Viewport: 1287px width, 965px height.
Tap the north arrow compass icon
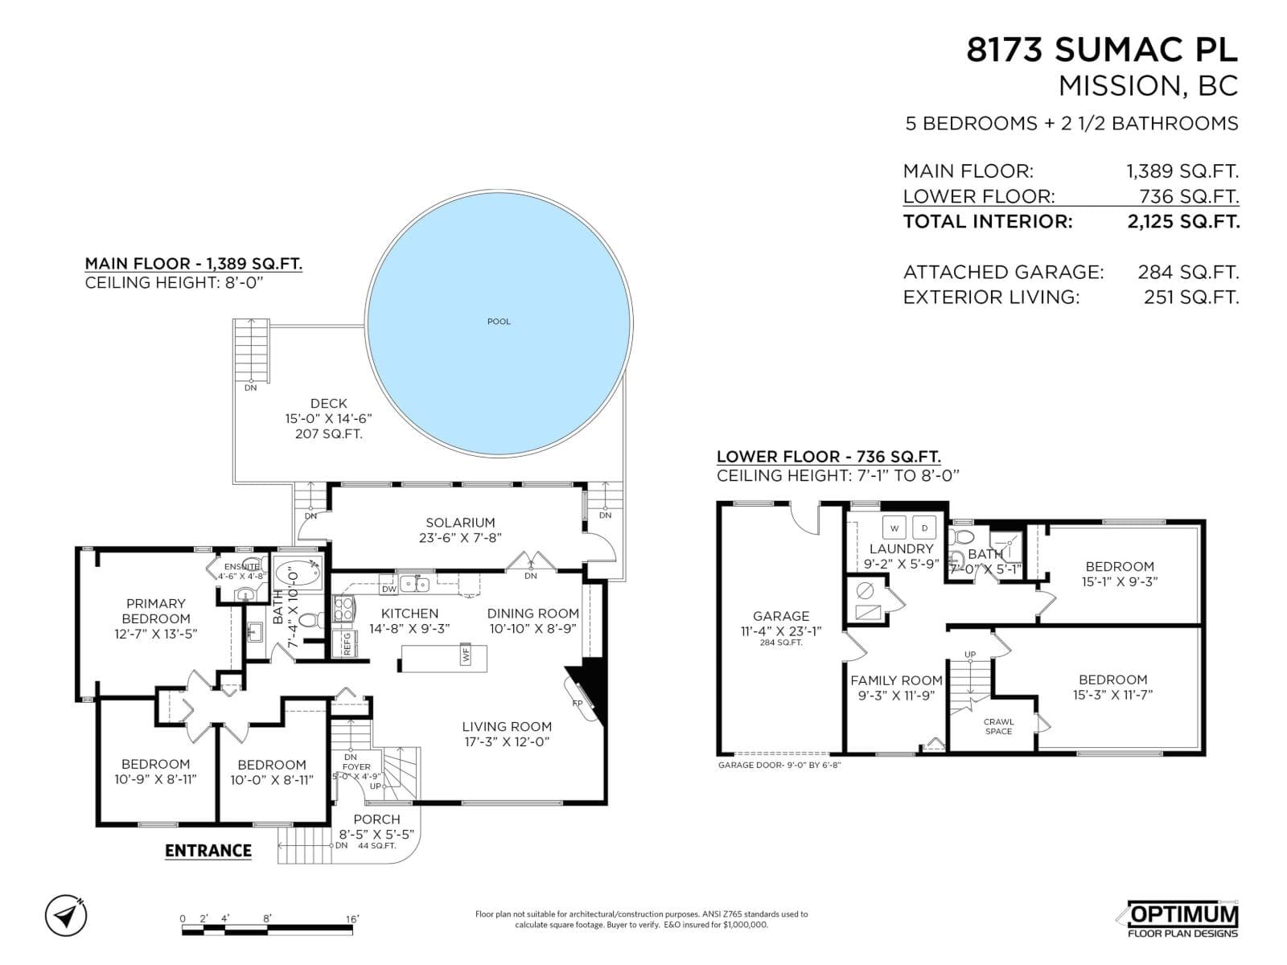coord(67,915)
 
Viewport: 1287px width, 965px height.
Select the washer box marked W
coord(894,528)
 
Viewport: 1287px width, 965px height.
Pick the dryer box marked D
coord(924,528)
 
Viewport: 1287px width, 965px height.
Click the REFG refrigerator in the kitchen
coord(347,643)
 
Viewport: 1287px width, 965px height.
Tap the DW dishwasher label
coord(389,589)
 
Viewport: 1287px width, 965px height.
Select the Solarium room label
coord(460,522)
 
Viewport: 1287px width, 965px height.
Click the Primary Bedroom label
coord(156,610)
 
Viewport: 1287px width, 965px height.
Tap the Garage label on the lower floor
coord(780,616)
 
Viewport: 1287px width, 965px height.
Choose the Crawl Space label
coord(998,726)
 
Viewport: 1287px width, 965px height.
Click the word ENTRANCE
coord(208,850)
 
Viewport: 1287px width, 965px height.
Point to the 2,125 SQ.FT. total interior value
coord(1182,221)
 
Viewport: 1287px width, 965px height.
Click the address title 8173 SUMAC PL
coord(1101,50)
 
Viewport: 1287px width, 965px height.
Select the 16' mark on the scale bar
coord(352,918)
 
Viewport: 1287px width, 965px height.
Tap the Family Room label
coord(896,680)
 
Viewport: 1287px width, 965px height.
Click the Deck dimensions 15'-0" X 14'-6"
coord(328,419)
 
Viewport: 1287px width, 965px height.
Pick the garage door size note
coord(779,765)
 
